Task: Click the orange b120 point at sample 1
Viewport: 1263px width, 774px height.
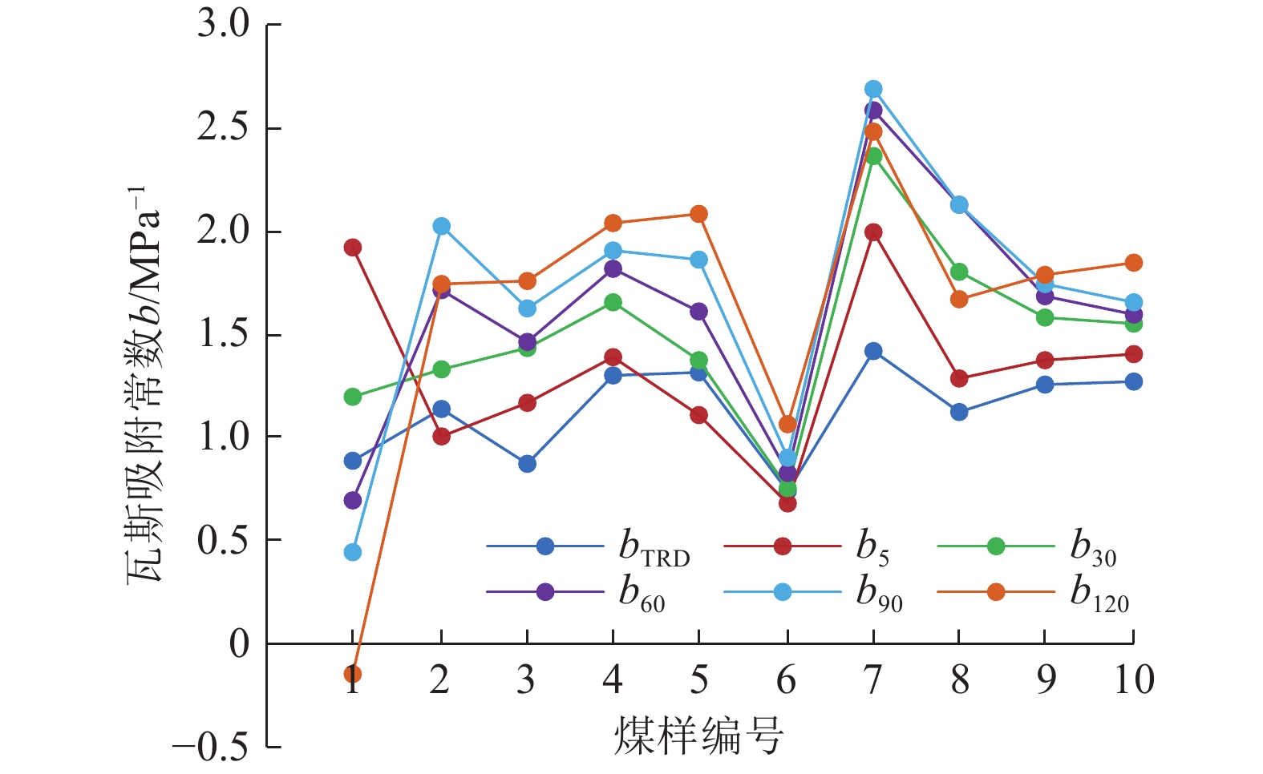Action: pos(353,674)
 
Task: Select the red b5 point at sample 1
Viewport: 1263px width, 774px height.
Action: pos(353,248)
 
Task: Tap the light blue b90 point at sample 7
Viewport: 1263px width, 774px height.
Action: pos(873,89)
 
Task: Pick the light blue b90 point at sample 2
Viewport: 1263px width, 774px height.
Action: pos(441,227)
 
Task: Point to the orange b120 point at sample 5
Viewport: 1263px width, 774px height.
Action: pos(698,214)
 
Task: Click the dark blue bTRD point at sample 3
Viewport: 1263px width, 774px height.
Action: pos(527,464)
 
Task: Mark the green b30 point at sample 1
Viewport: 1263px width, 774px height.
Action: pos(353,397)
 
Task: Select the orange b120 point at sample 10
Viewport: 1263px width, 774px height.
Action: pos(1133,263)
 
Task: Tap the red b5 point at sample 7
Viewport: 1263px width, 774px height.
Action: pos(873,232)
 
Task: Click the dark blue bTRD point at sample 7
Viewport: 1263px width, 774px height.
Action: pos(873,351)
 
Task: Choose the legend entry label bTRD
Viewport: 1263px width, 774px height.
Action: pos(654,548)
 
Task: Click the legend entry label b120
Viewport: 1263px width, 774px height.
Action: pos(1099,595)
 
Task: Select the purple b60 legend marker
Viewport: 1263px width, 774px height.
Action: pos(545,592)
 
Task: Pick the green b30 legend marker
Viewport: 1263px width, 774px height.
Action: pos(996,546)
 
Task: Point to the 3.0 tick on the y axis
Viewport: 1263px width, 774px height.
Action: pos(224,25)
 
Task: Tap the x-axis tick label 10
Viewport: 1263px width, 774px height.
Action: pos(1134,680)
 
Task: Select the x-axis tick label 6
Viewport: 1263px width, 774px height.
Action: pos(787,680)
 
